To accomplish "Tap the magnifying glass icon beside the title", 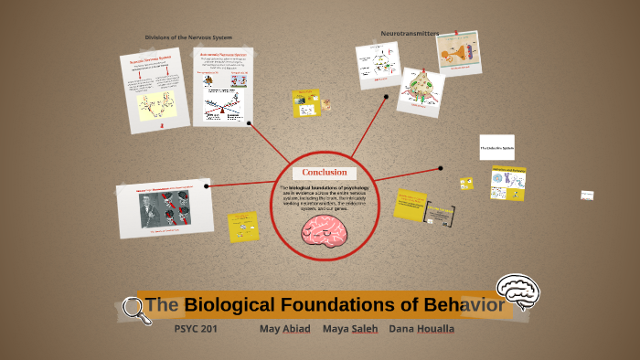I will (136, 310).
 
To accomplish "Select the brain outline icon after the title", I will (517, 291).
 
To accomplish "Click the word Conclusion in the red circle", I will (324, 173).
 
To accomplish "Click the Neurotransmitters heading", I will (409, 34).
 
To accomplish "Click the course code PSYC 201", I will (196, 328).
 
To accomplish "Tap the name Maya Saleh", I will (350, 328).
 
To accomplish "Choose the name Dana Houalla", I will (421, 328).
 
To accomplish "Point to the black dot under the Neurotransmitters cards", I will (387, 96).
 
